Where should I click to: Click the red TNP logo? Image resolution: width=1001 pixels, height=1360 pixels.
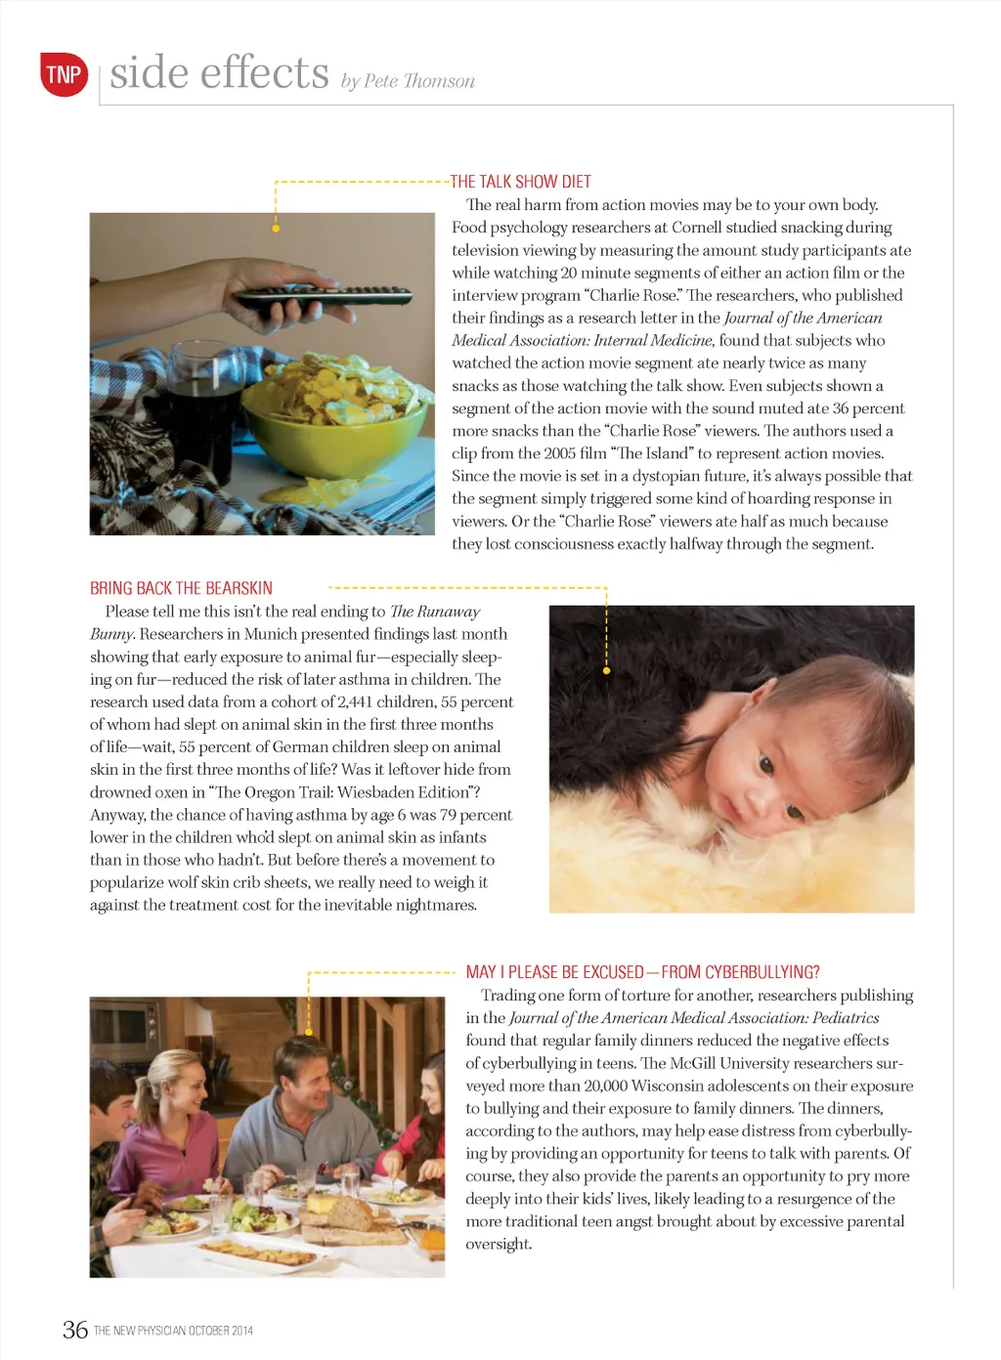click(x=64, y=74)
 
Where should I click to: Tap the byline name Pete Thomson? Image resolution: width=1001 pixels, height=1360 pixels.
click(x=418, y=81)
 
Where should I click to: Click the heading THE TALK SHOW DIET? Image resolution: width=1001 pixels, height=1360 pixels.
click(x=520, y=182)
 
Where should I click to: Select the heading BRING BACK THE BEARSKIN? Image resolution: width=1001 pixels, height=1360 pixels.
click(x=181, y=588)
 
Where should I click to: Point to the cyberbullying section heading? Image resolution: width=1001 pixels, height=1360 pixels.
click(x=642, y=972)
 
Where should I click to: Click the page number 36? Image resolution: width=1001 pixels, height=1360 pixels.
click(x=75, y=1330)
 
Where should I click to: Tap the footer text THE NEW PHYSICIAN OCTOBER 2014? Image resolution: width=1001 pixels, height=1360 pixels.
click(x=173, y=1331)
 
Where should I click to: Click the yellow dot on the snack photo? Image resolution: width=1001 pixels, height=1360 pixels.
click(x=276, y=229)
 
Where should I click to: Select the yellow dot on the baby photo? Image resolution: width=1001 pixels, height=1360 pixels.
click(x=607, y=670)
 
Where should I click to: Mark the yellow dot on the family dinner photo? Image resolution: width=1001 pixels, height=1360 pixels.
click(x=309, y=1032)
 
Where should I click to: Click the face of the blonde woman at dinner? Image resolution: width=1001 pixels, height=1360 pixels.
click(x=185, y=1084)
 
